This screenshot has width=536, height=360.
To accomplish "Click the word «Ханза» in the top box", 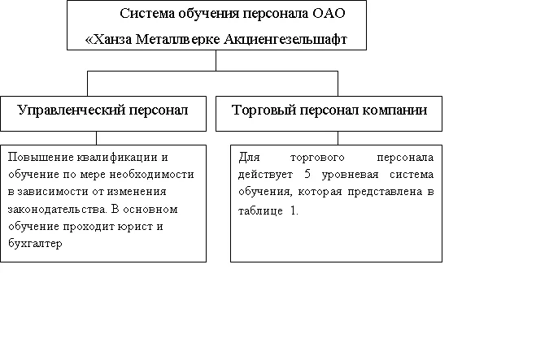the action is (108, 39).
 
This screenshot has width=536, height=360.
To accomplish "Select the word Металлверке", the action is (178, 39).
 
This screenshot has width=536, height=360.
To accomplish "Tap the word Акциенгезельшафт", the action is (285, 39).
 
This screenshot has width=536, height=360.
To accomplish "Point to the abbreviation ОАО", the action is (329, 14).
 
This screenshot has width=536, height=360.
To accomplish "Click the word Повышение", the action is (41, 157).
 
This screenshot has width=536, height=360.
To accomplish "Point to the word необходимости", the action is (151, 175).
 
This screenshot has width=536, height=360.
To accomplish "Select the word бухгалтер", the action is (35, 244).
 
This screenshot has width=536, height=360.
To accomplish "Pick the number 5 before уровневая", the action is (307, 174).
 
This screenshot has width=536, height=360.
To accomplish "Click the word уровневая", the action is (350, 175).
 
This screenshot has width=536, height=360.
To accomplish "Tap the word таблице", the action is (260, 210).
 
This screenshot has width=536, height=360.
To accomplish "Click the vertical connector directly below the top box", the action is (216, 60).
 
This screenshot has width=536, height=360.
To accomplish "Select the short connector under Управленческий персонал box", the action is (96, 138).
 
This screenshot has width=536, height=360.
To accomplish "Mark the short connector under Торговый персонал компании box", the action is (338, 138).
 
